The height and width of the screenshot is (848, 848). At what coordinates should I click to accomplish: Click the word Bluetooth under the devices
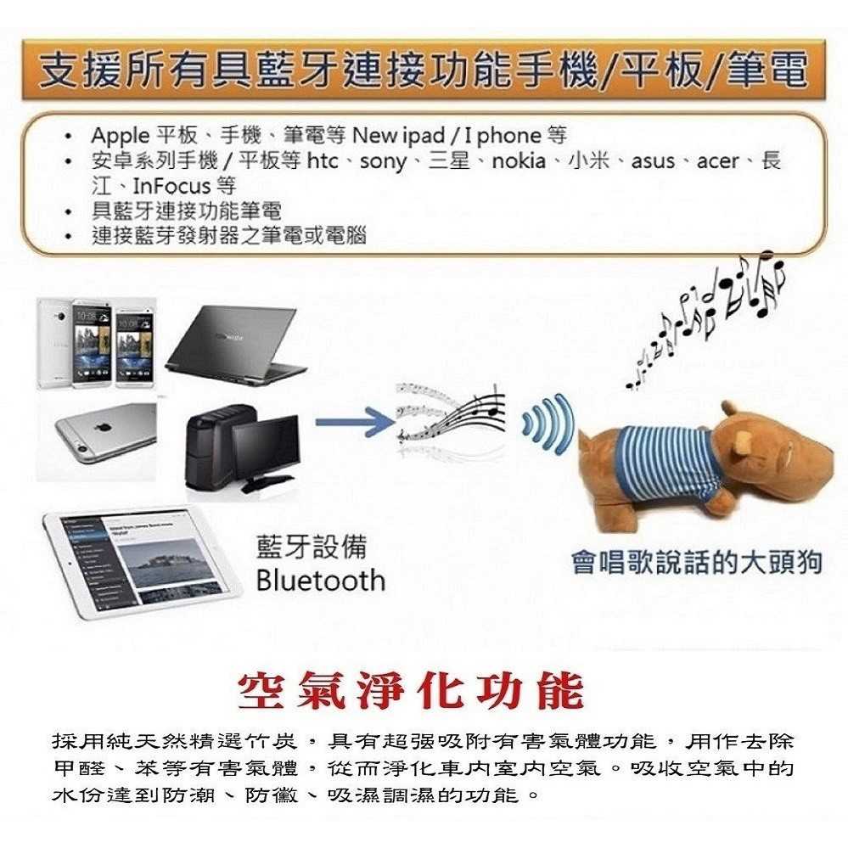pyautogui.click(x=320, y=581)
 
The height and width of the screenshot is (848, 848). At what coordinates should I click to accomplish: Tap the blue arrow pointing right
pyautogui.click(x=355, y=422)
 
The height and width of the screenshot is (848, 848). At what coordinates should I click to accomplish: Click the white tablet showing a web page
pyautogui.click(x=142, y=563)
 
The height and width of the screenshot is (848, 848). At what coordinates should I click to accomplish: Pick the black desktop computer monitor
pyautogui.click(x=267, y=453)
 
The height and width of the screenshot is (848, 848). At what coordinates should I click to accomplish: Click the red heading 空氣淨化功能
pyautogui.click(x=411, y=691)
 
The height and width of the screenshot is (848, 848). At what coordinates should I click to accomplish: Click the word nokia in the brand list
pyautogui.click(x=519, y=160)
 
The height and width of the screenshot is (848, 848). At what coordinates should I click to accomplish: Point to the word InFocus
pyautogui.click(x=171, y=186)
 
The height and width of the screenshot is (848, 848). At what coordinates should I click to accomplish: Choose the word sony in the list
pyautogui.click(x=383, y=161)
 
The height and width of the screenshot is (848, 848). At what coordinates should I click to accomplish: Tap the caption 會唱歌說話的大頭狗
pyautogui.click(x=697, y=562)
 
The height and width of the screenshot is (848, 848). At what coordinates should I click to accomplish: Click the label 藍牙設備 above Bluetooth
pyautogui.click(x=312, y=546)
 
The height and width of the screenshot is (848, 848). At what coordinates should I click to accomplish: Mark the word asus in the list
pyautogui.click(x=653, y=161)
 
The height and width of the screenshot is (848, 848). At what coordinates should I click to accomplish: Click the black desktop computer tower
pyautogui.click(x=212, y=446)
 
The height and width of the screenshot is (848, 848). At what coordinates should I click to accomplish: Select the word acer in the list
pyautogui.click(x=717, y=161)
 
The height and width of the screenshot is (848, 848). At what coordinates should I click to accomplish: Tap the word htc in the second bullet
pyautogui.click(x=323, y=160)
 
